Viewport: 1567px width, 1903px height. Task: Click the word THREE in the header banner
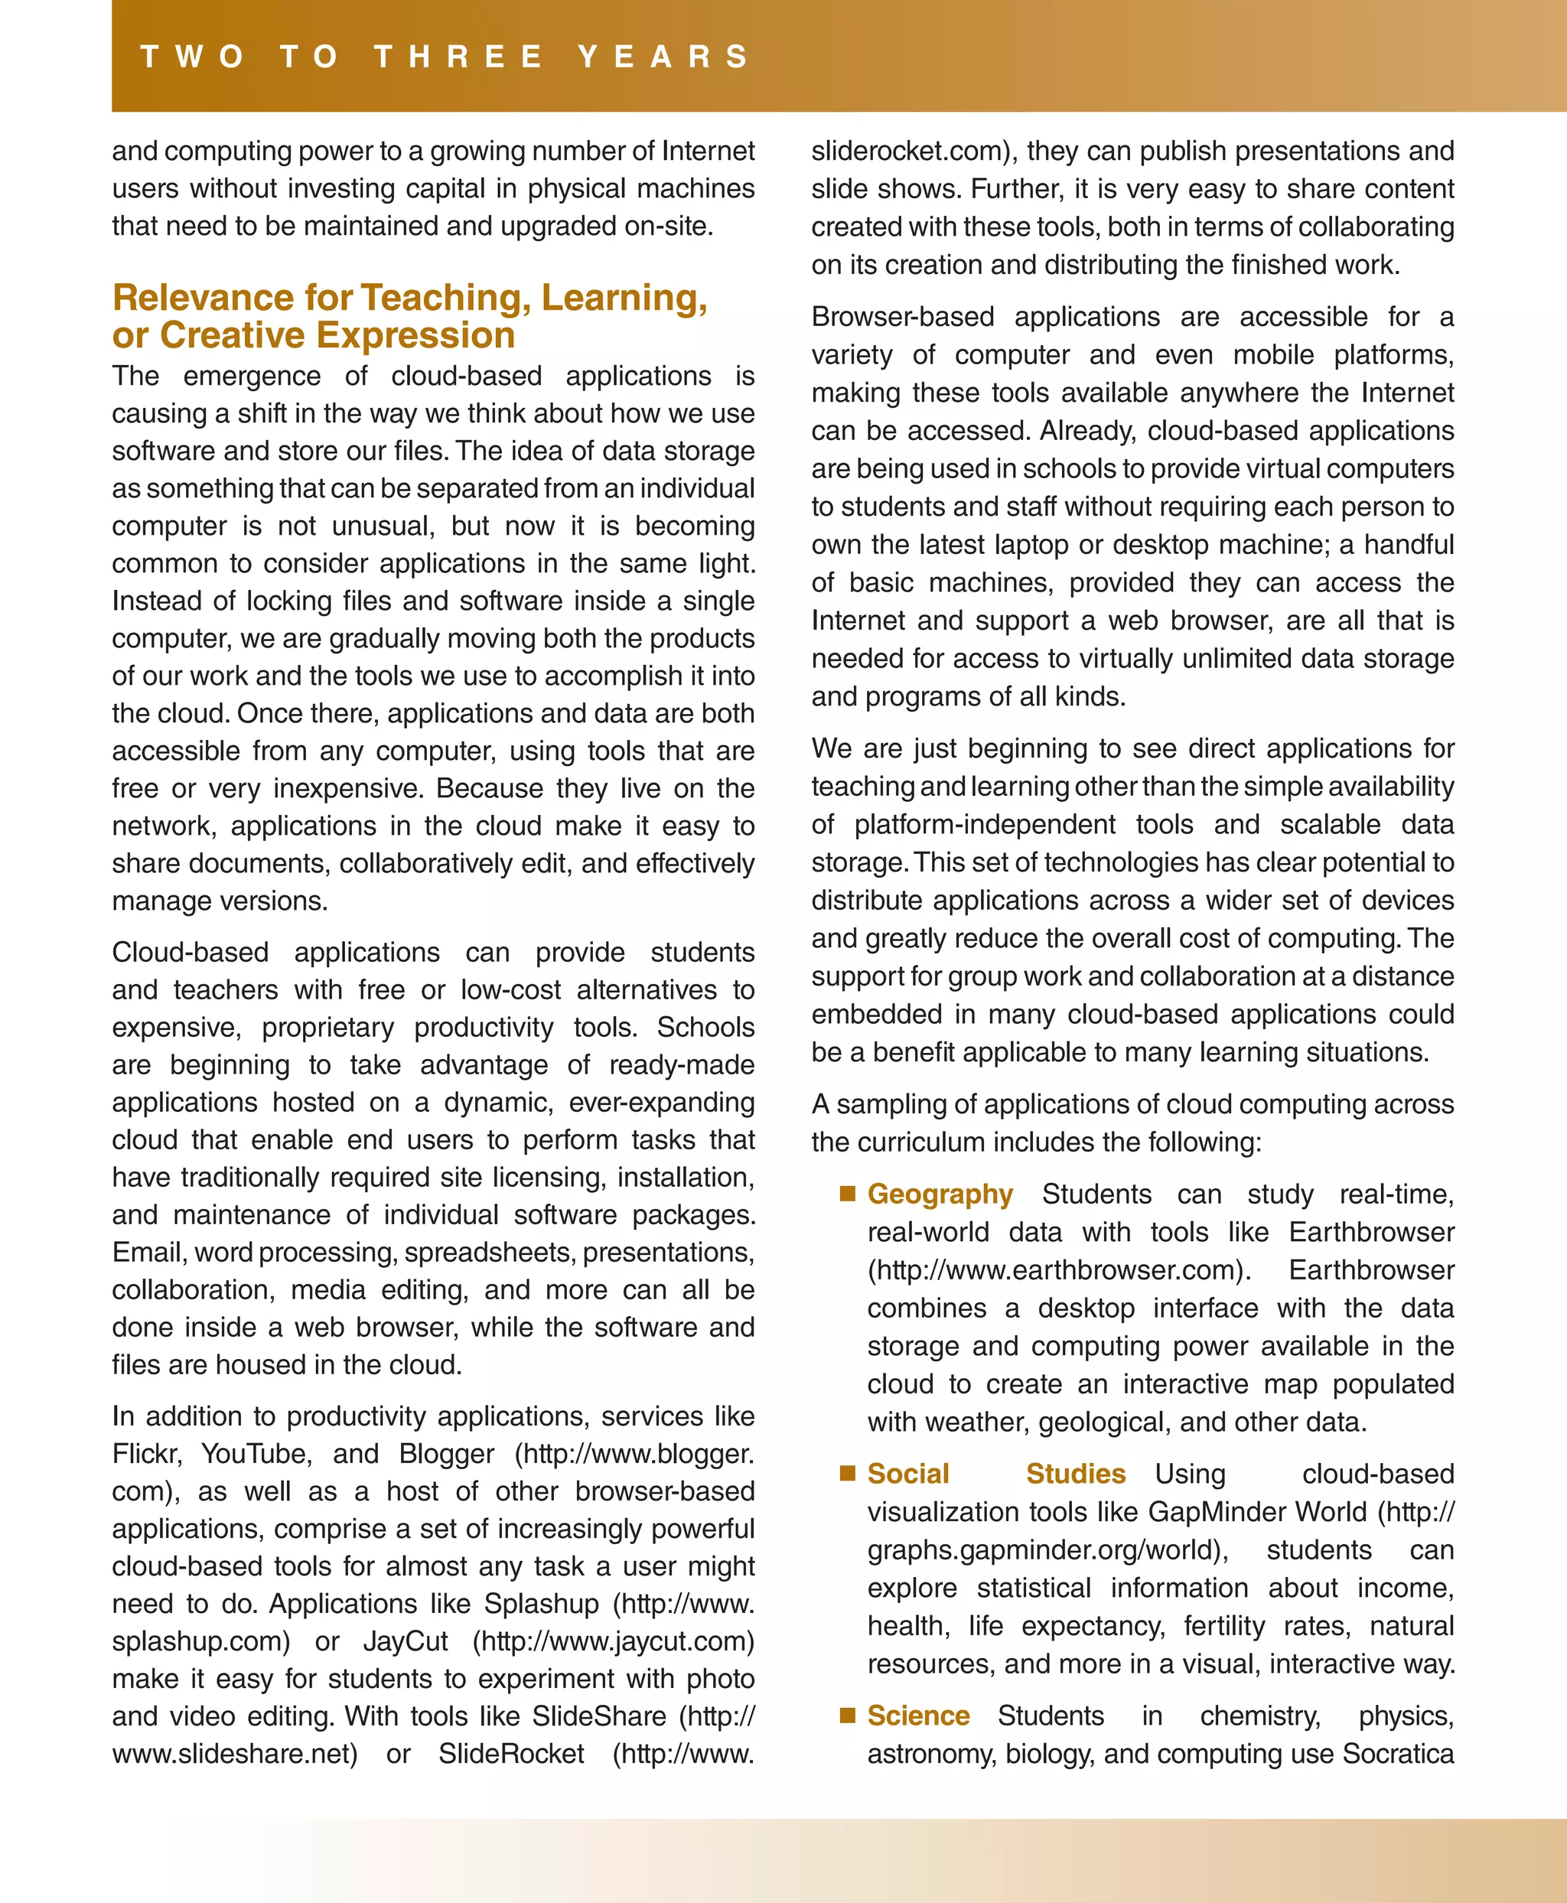458,57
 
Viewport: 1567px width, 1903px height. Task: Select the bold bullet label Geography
940,1194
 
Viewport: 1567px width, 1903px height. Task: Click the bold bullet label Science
918,1716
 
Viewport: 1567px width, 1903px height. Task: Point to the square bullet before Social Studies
847,1473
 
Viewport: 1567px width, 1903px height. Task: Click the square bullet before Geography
847,1194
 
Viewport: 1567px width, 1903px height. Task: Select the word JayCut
406,1641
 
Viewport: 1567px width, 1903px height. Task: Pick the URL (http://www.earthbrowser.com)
1058,1269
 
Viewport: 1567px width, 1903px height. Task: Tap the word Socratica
1397,1753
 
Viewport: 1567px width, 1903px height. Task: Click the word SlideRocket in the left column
511,1753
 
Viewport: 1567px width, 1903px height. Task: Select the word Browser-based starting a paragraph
902,317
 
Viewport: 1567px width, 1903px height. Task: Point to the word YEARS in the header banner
663,57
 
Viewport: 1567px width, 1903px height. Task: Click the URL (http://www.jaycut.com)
613,1641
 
